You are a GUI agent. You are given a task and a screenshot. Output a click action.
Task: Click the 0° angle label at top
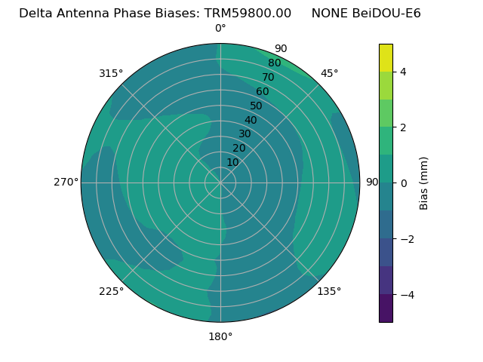(x=220, y=29)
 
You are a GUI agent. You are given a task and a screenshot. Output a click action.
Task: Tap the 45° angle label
(x=329, y=73)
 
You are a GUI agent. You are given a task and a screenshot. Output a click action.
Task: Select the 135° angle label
(x=329, y=291)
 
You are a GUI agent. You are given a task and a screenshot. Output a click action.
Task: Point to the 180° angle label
(x=220, y=336)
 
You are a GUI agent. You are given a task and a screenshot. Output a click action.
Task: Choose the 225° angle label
(x=111, y=291)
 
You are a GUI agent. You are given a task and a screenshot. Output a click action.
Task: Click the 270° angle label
(x=66, y=182)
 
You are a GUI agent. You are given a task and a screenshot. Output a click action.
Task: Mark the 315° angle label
(x=111, y=73)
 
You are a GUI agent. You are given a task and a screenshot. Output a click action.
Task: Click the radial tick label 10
(x=232, y=162)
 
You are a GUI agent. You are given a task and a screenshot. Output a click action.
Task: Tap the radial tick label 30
(x=245, y=134)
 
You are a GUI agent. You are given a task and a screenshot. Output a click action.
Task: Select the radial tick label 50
(x=257, y=106)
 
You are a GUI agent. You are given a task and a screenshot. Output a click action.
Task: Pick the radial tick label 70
(x=268, y=78)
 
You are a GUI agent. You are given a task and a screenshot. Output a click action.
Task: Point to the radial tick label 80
(x=274, y=63)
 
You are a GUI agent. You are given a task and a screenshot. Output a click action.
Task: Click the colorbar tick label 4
(x=404, y=72)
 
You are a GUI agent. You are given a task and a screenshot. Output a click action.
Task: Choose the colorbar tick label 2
(x=404, y=127)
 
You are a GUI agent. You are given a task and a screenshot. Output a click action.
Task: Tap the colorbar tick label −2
(x=407, y=239)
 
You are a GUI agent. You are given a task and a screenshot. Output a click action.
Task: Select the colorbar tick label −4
(x=407, y=295)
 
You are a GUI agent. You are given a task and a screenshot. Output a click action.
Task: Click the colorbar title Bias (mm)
(x=424, y=183)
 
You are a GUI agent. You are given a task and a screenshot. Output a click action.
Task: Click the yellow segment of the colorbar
(x=386, y=57)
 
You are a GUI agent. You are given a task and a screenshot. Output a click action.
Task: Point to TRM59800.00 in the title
(x=248, y=14)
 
